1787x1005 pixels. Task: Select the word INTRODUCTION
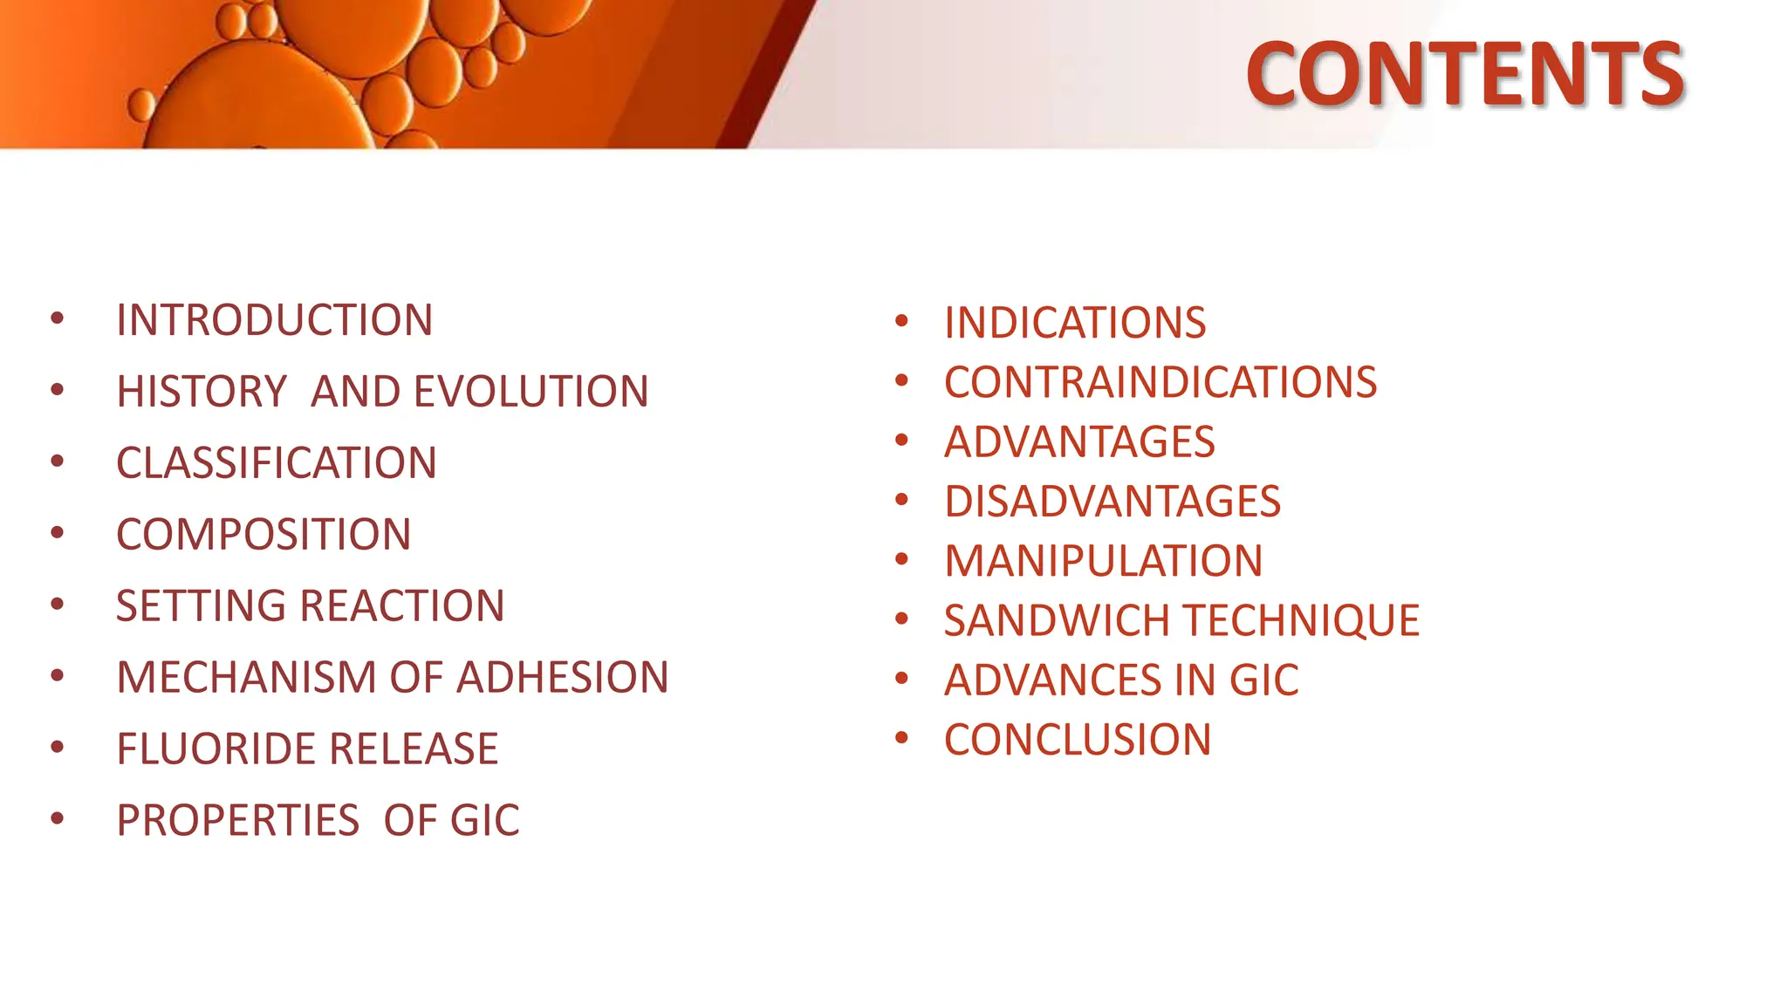click(x=274, y=320)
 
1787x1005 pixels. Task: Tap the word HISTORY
click(x=201, y=392)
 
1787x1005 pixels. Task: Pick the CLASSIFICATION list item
click(x=276, y=463)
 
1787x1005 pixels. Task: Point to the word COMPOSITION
click(x=263, y=535)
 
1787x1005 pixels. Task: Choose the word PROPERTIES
click(x=237, y=821)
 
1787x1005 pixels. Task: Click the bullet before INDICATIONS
click(x=901, y=321)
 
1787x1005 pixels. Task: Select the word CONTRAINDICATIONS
click(x=1160, y=383)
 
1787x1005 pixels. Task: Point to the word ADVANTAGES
click(x=1079, y=442)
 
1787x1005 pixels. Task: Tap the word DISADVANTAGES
click(x=1112, y=502)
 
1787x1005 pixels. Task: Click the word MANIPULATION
click(x=1103, y=562)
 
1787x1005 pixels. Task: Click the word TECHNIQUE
click(x=1301, y=621)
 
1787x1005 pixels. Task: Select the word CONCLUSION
click(x=1077, y=741)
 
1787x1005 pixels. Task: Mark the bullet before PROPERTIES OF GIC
click(x=58, y=818)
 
